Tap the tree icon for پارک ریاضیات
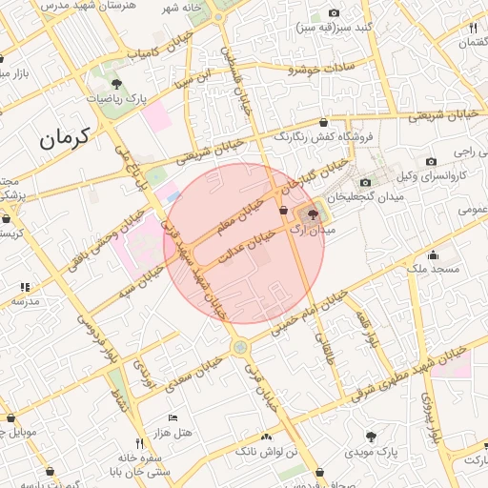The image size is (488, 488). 116,86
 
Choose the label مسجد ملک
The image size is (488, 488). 432,270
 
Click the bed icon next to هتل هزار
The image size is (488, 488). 173,417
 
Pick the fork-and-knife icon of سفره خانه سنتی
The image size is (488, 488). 139,443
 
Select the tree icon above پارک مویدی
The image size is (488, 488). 371,436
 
